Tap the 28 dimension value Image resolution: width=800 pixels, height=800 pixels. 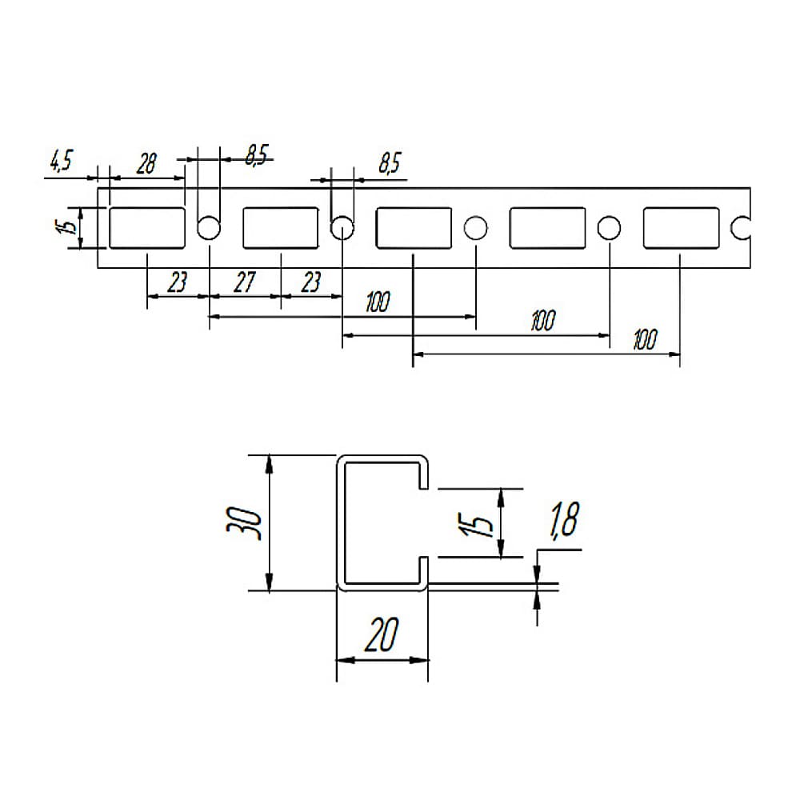[x=146, y=164]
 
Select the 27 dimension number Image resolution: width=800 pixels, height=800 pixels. [x=244, y=282]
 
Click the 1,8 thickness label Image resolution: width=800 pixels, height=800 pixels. [x=564, y=520]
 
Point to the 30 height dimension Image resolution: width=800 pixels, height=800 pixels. [x=244, y=523]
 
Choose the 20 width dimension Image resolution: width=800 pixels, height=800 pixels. [x=382, y=634]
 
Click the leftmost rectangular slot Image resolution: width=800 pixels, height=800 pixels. [x=147, y=228]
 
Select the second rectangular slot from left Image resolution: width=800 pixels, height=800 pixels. [x=281, y=228]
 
